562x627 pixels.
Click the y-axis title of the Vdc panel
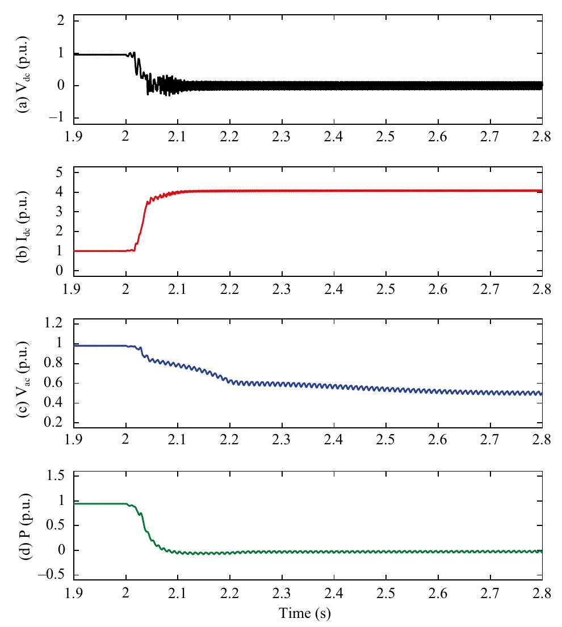click(23, 74)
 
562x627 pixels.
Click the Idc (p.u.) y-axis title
click(23, 226)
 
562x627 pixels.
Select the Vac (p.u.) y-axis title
click(23, 380)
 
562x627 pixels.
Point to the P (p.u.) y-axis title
click(25, 527)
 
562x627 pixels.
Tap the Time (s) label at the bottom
click(305, 613)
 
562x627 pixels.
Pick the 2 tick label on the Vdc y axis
click(61, 20)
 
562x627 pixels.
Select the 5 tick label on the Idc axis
click(60, 172)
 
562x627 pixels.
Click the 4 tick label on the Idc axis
click(60, 192)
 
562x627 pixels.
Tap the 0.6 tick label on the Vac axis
click(53, 382)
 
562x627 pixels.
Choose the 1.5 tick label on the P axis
click(56, 475)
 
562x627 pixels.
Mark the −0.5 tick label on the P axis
click(51, 575)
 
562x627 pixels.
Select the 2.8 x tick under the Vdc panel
click(542, 137)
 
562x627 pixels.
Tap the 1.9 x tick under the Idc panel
click(73, 289)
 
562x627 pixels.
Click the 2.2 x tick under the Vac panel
click(229, 440)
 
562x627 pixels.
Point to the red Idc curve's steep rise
click(142, 224)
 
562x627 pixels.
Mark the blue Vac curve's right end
click(542, 394)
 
